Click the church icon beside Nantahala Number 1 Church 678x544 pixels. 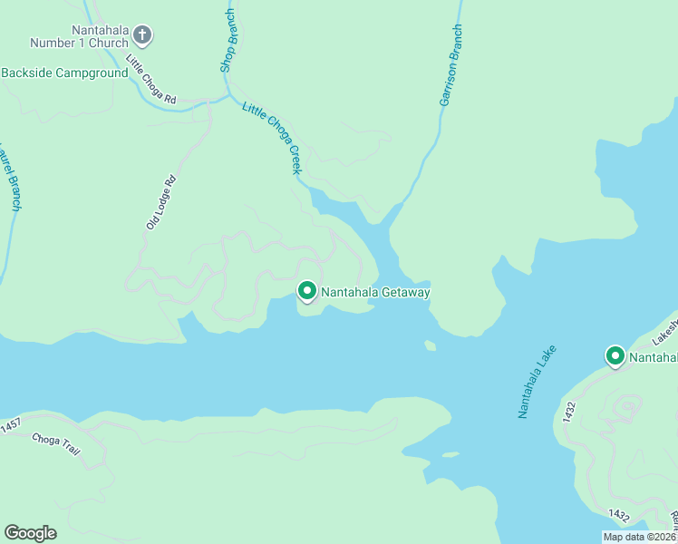[x=141, y=35]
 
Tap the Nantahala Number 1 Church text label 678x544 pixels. [x=80, y=35]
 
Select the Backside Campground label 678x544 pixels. [x=64, y=73]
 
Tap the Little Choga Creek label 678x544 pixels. [x=271, y=137]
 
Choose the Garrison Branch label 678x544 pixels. [x=450, y=65]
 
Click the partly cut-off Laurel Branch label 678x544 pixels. [x=10, y=177]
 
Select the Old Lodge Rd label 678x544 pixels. [x=160, y=201]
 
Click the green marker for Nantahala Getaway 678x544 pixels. [x=307, y=291]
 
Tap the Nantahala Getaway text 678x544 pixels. [x=375, y=292]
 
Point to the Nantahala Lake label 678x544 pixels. [x=536, y=381]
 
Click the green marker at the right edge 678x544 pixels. [x=615, y=356]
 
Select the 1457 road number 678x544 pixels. [x=10, y=424]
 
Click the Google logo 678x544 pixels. [x=30, y=532]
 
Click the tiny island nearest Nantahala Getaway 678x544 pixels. [x=430, y=345]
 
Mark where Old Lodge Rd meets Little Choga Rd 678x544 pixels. [x=209, y=102]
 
